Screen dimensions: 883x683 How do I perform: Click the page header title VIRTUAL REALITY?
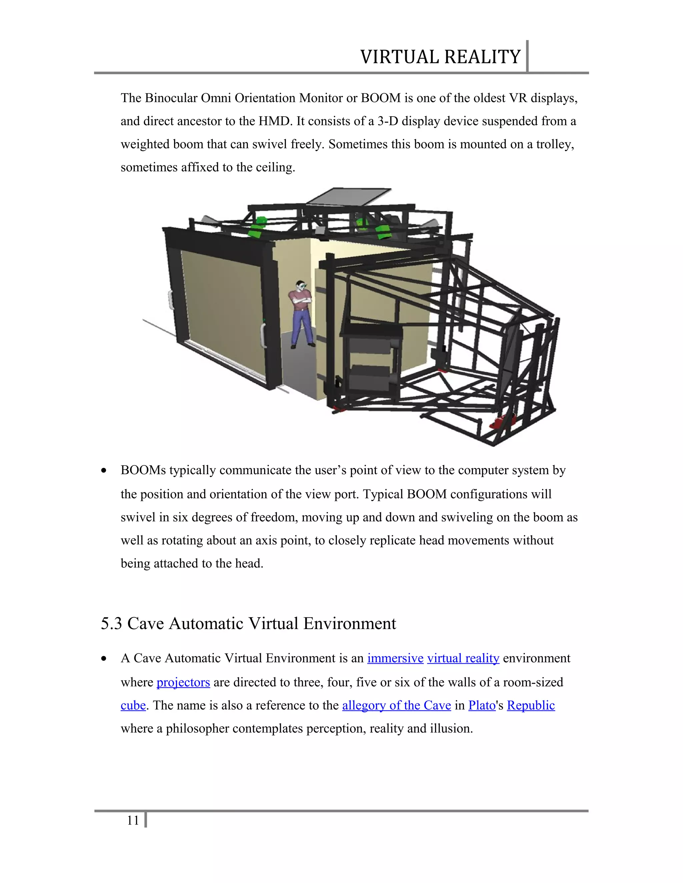440,57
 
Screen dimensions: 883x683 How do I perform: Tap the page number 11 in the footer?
133,820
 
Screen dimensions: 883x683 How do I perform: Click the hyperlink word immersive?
395,658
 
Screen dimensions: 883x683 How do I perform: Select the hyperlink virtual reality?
463,658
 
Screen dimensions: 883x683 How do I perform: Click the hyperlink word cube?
133,705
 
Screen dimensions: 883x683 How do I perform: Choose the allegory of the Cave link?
396,705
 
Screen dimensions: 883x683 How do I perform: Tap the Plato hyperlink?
482,705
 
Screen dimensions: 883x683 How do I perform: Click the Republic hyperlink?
531,705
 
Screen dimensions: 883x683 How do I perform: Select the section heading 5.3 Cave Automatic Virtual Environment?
248,623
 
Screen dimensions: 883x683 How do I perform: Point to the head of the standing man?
300,286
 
